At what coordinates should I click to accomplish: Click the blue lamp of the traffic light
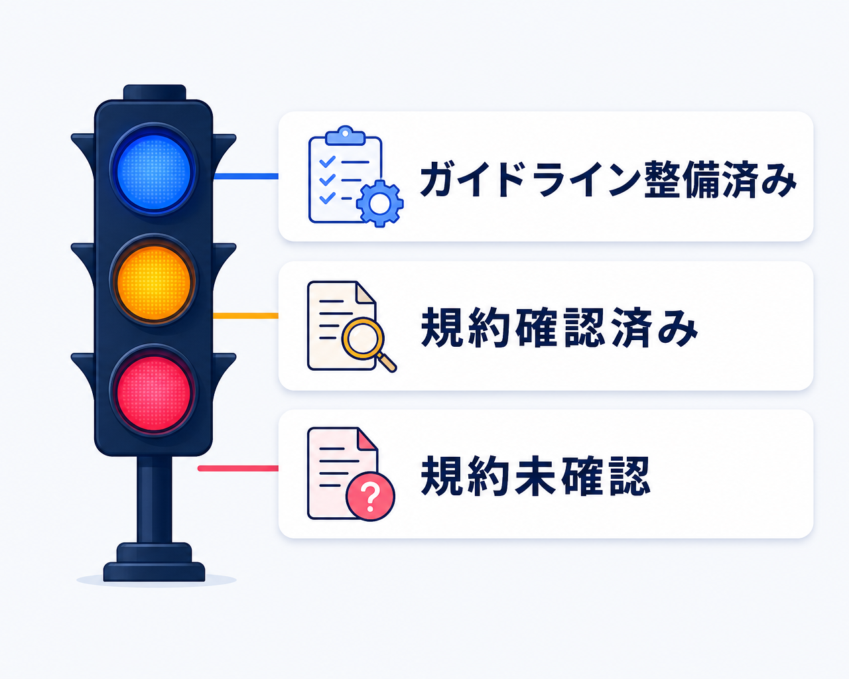(154, 172)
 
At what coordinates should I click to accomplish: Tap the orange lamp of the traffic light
(154, 282)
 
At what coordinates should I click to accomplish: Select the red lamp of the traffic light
(154, 393)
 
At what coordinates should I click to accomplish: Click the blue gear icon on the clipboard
(379, 204)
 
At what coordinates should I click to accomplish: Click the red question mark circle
(370, 497)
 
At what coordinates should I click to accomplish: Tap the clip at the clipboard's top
(345, 135)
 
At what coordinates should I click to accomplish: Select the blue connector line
(246, 176)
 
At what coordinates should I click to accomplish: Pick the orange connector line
(246, 316)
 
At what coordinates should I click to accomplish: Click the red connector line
(238, 468)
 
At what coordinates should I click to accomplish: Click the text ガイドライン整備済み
(608, 180)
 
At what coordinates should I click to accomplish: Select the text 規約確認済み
(559, 328)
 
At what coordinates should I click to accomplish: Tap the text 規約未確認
(535, 476)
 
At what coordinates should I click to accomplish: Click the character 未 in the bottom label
(535, 476)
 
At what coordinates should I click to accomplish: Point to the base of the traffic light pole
(154, 562)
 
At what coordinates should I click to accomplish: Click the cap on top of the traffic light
(155, 92)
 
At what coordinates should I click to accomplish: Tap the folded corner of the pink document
(367, 439)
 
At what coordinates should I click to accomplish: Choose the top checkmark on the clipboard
(328, 161)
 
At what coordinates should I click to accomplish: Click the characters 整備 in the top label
(682, 180)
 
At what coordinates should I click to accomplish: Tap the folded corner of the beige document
(366, 292)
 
